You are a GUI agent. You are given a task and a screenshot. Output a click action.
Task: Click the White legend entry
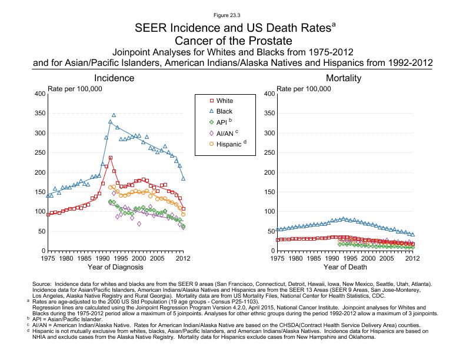coord(224,101)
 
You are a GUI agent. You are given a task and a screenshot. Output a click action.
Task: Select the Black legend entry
coord(224,111)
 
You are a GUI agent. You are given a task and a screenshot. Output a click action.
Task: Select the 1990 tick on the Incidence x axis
coord(102,258)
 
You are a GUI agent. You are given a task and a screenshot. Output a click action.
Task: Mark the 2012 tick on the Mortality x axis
coord(412,258)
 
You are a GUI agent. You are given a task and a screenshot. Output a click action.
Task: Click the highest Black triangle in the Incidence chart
coord(114,115)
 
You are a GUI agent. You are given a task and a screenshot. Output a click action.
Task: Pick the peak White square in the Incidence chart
coord(110,158)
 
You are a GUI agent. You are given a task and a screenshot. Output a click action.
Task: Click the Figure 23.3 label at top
coord(233,13)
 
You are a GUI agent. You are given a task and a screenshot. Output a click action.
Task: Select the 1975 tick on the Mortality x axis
coord(277,258)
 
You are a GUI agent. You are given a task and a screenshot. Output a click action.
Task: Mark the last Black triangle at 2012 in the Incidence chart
coord(183,178)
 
